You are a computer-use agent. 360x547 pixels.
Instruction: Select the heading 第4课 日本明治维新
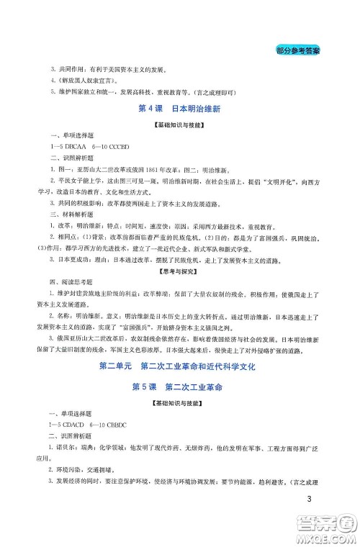coord(179,109)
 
